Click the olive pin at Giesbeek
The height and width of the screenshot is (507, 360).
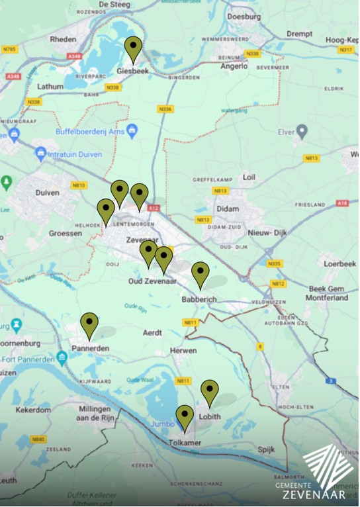[x=134, y=48]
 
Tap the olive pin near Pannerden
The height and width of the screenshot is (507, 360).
[x=89, y=324]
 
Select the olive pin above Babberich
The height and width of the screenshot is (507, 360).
[x=200, y=273]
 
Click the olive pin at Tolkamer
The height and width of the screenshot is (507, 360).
[x=185, y=416]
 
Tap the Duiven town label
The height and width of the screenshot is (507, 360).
[x=46, y=193]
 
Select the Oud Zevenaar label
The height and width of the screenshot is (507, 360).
[x=151, y=282]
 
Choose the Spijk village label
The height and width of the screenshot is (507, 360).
[x=265, y=449]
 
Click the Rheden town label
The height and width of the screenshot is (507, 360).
[x=63, y=39]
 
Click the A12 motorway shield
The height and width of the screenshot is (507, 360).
[x=154, y=208]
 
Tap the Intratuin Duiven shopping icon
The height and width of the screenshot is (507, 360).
[x=41, y=154]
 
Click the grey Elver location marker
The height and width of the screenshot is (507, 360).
[x=302, y=131]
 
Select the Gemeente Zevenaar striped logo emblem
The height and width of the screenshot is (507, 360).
[x=329, y=467]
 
